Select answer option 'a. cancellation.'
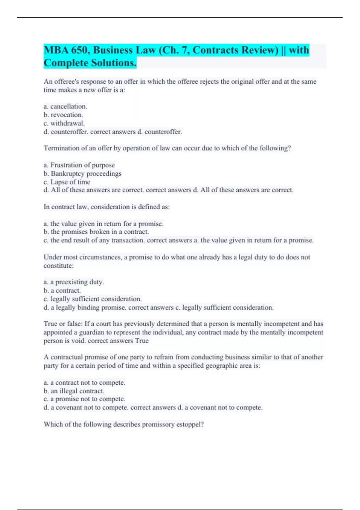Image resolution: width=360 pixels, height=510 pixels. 65,106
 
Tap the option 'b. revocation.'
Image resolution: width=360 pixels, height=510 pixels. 63,115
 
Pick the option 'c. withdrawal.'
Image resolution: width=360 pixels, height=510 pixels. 64,123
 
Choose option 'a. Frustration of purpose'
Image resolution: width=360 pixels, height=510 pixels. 79,165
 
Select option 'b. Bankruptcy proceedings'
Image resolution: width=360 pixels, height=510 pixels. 82,173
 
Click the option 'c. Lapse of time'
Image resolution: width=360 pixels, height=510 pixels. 67,182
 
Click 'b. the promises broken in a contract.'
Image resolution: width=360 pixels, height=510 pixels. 96,232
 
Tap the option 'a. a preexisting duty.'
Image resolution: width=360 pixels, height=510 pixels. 74,282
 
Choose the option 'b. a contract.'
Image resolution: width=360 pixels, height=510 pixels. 62,290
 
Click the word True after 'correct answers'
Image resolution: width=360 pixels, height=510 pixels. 142,341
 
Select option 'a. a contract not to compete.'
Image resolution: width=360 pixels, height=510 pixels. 84,382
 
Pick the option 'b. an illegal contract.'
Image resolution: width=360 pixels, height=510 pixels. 74,391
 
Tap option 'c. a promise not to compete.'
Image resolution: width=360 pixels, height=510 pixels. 84,399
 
